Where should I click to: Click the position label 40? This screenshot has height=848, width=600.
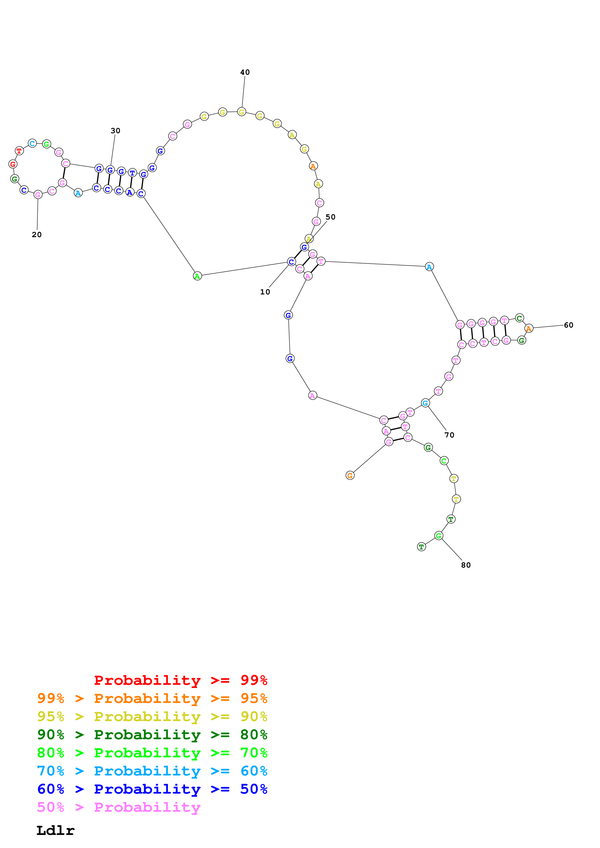(245, 72)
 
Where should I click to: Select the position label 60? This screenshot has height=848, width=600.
(568, 325)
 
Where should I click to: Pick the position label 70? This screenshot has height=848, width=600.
(449, 435)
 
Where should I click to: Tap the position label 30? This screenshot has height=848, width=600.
(115, 131)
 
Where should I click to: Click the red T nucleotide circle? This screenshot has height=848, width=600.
(19, 151)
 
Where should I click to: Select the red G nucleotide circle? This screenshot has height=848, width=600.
(13, 164)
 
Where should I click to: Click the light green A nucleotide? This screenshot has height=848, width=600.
(197, 276)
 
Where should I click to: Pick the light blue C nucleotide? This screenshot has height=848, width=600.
(32, 143)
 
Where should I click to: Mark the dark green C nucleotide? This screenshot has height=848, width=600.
(519, 318)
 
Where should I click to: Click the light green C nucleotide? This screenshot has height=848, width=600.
(444, 461)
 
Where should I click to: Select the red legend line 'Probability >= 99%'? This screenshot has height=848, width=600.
(180, 680)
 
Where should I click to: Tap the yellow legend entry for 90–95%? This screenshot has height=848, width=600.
(152, 716)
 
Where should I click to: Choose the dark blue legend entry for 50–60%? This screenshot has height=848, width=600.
(152, 789)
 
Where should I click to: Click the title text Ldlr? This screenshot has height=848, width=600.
(55, 831)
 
